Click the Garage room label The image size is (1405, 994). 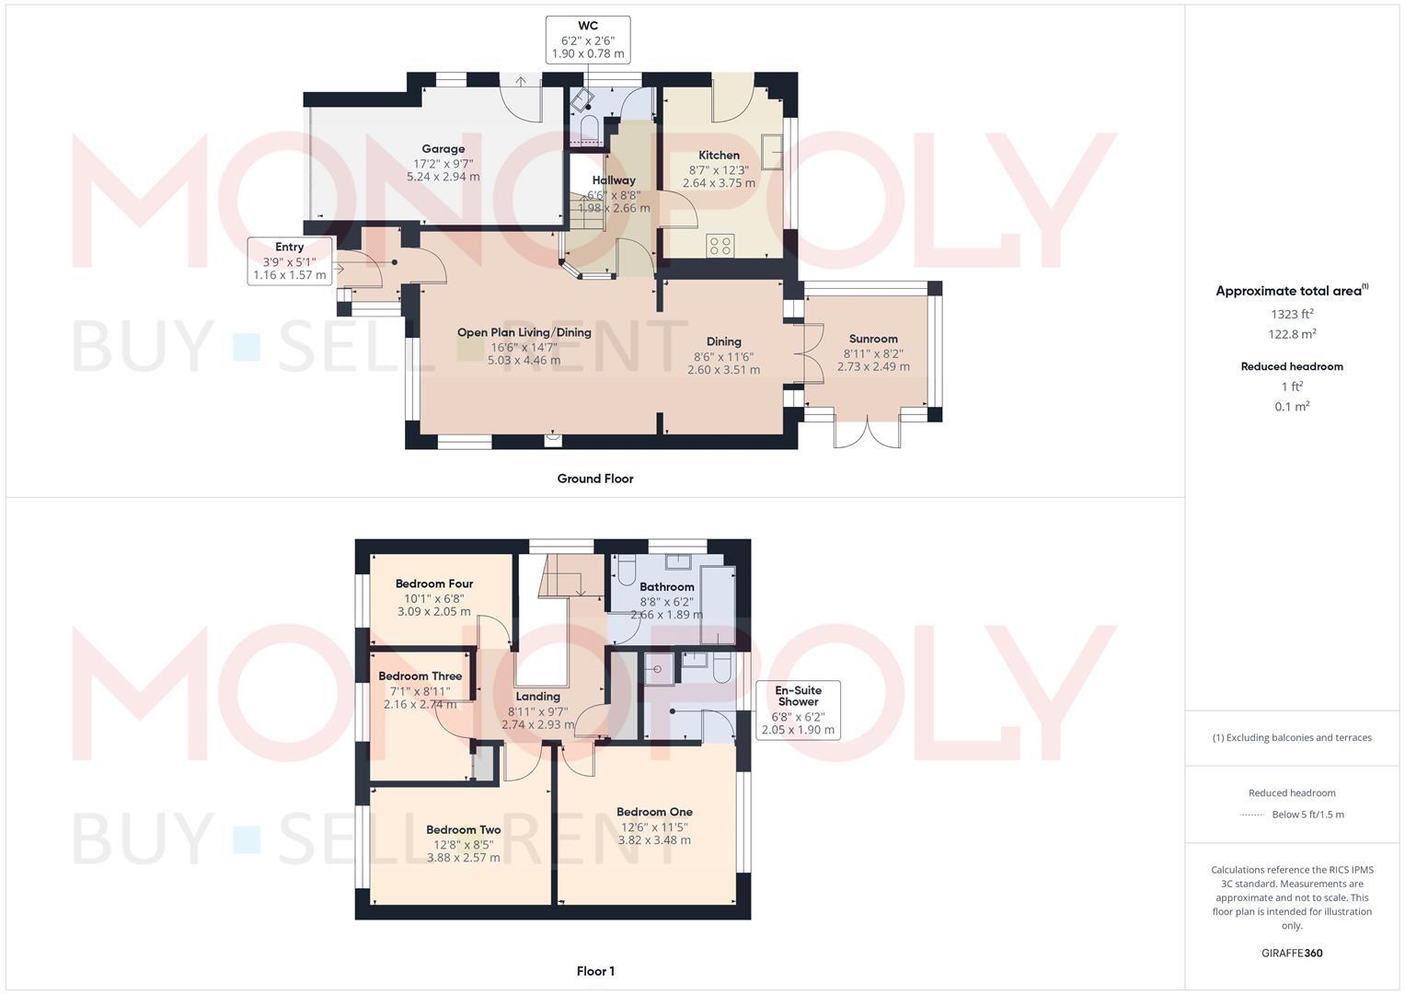[443, 149]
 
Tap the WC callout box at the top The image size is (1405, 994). [587, 40]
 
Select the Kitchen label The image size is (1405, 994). [719, 156]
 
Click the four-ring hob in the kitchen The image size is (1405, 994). [720, 246]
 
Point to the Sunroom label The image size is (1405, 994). [873, 339]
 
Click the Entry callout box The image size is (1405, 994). [289, 260]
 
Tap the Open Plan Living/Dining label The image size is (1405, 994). [524, 332]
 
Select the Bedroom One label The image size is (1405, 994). [654, 812]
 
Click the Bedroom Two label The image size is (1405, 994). [463, 829]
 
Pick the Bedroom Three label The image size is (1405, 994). [420, 676]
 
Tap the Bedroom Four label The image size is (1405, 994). [433, 584]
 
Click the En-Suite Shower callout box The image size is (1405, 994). [798, 710]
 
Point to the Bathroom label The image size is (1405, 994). [666, 587]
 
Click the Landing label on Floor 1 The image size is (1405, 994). [537, 697]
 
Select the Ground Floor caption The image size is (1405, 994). [594, 479]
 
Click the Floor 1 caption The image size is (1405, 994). [594, 971]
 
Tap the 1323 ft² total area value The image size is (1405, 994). [1292, 314]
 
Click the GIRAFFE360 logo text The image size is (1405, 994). [1292, 954]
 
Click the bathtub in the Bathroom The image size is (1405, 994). [718, 605]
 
